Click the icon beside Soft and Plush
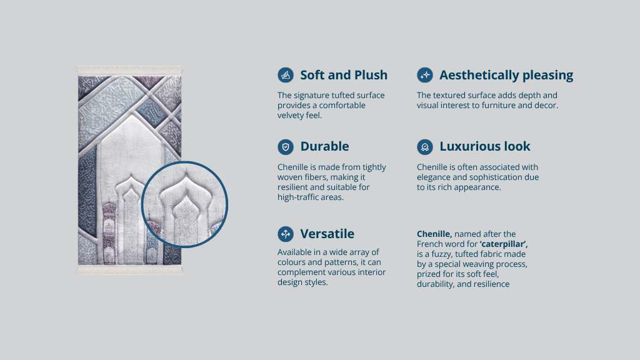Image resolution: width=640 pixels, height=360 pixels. [286, 75]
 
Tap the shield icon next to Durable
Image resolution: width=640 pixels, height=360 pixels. [286, 147]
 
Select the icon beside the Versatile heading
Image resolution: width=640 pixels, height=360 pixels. [286, 234]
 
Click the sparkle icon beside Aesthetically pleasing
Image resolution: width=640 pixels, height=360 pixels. [425, 75]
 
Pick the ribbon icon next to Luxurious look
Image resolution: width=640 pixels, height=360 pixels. [425, 147]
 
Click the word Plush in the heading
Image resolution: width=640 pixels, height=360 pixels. [371, 75]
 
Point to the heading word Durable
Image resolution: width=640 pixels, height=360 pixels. [324, 146]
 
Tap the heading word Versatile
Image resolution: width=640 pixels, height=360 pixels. [327, 234]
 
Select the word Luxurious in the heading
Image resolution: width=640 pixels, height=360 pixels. [466, 146]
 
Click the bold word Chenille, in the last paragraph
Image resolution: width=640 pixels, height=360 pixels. [434, 234]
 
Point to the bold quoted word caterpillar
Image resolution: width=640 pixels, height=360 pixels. [504, 244]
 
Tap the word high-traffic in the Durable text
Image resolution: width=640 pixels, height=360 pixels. [298, 197]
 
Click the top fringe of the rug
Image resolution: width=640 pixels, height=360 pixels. [130, 71]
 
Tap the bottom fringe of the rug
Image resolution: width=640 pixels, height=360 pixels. [130, 270]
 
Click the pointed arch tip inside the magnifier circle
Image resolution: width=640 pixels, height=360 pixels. [186, 175]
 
